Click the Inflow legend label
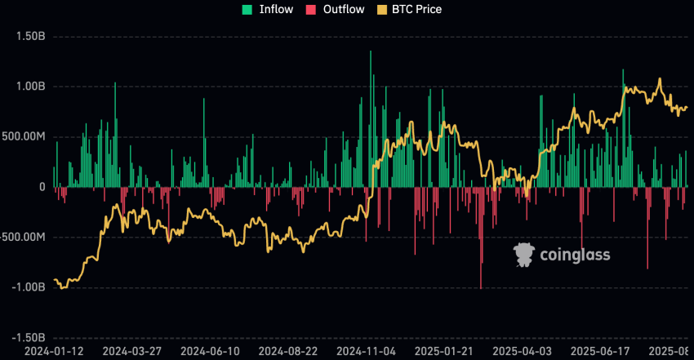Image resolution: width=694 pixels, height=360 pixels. coord(276,10)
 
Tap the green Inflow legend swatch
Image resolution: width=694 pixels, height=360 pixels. coord(246,10)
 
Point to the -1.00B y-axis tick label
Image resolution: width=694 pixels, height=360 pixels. coord(26,287)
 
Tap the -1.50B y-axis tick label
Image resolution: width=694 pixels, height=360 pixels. coord(26,338)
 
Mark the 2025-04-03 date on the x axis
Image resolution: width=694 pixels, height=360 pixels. coord(524,352)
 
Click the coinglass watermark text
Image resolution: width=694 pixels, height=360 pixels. coord(576,256)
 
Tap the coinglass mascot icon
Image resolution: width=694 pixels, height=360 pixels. coord(524,255)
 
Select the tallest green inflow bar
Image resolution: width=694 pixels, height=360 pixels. coord(370,119)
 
